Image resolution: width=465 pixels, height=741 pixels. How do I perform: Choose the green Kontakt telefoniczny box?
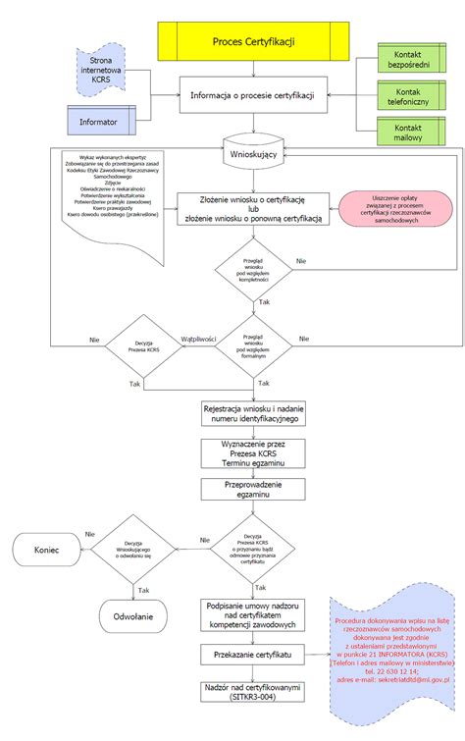coord(412,97)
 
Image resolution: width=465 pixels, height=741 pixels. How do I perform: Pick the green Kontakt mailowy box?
coord(412,134)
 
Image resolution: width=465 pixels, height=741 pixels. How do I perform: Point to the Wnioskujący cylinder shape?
coord(253,154)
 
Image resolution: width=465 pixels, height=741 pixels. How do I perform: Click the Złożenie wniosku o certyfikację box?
coord(253,210)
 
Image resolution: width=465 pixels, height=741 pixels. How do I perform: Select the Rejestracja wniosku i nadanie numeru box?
coord(253,412)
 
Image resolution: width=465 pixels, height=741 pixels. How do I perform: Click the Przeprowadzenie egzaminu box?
coord(253,489)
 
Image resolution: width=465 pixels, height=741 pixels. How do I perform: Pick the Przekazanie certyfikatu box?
coord(253,653)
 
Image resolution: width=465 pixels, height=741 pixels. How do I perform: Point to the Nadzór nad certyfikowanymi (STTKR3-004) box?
coord(253,693)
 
